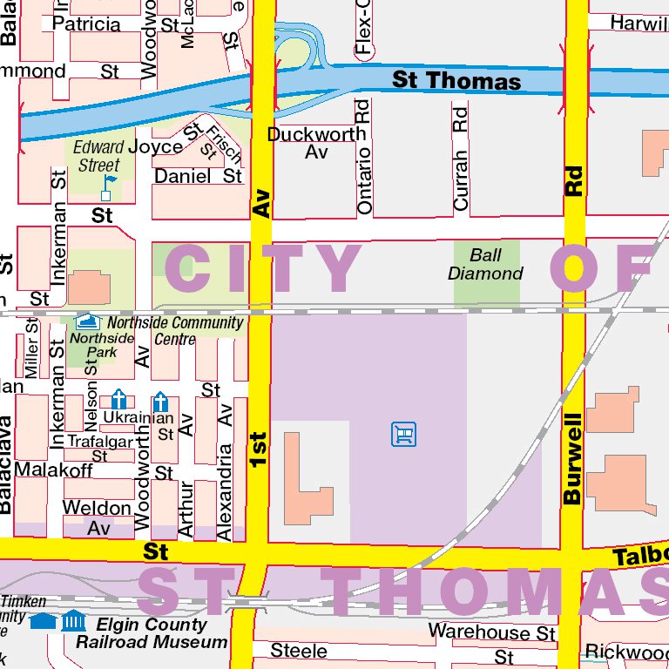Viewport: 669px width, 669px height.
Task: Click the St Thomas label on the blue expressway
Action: click(x=456, y=81)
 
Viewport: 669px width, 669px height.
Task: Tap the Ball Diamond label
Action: click(x=485, y=264)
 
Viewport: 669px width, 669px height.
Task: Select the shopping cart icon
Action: click(x=403, y=433)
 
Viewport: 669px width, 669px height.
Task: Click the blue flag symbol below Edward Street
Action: click(x=108, y=186)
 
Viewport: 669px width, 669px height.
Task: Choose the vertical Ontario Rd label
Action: click(x=364, y=157)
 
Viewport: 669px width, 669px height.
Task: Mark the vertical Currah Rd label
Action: click(x=461, y=159)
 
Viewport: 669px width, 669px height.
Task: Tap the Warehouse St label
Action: click(x=491, y=632)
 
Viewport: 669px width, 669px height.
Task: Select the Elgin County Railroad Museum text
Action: click(x=152, y=633)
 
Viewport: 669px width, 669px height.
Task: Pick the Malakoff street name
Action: click(x=53, y=470)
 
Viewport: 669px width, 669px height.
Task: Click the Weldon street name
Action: click(x=97, y=507)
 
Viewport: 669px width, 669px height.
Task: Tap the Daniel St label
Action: click(x=198, y=176)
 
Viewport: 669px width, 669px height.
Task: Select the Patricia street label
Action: click(x=86, y=24)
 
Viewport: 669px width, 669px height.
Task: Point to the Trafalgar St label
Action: click(x=99, y=448)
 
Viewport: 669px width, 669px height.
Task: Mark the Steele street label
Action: click(x=299, y=651)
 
